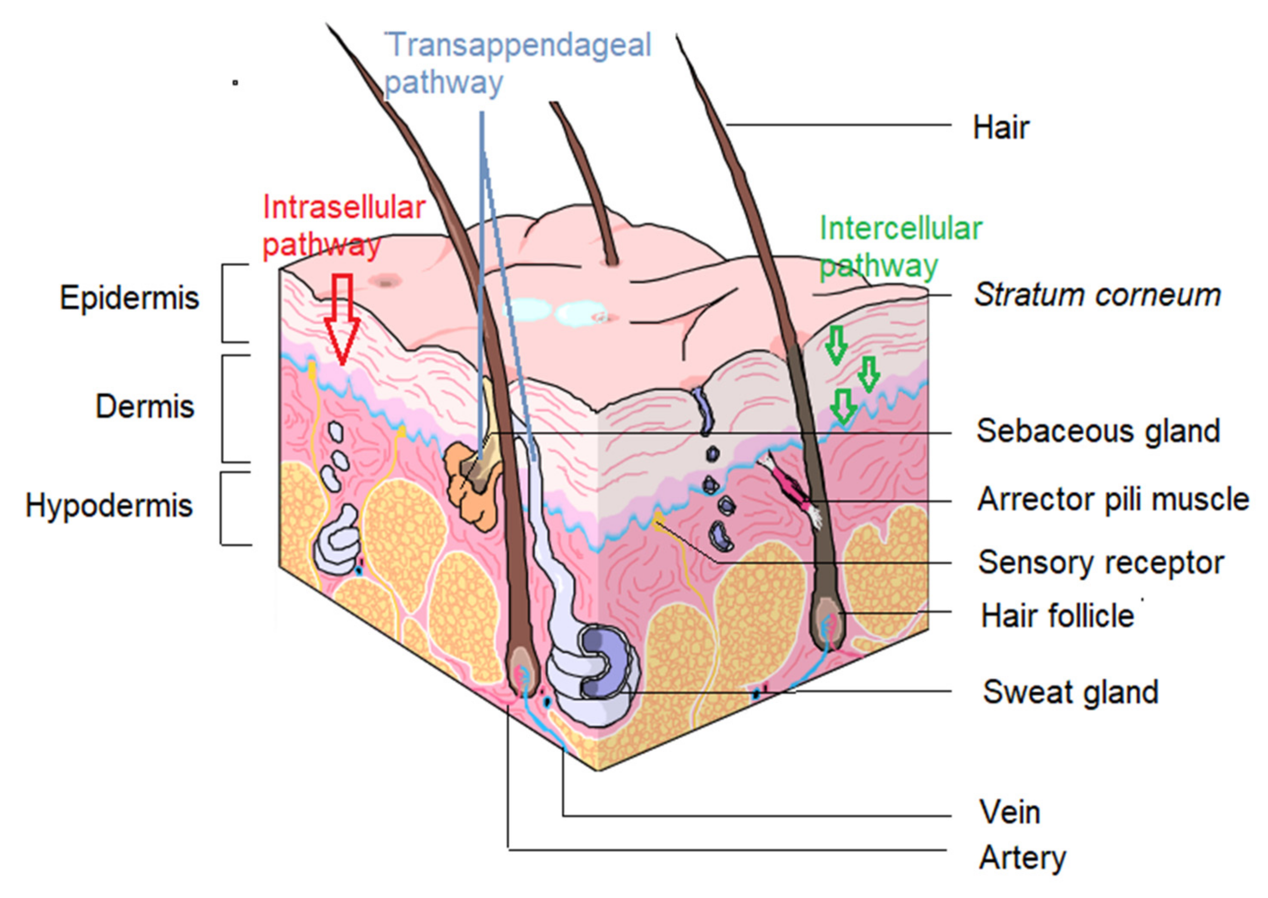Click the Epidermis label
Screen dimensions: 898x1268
(x=129, y=298)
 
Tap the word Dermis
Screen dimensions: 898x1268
(x=145, y=406)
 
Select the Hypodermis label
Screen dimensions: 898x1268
(x=109, y=505)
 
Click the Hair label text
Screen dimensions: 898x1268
(x=1001, y=128)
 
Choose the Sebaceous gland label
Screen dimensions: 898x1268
(x=1098, y=431)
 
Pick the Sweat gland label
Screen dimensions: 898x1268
(x=1071, y=692)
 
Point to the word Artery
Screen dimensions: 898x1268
(x=1022, y=858)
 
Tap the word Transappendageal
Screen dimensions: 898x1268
(x=518, y=45)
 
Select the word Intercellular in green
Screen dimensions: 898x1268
(x=900, y=228)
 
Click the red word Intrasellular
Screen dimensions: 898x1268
(x=343, y=208)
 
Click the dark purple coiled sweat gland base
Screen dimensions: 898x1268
(x=606, y=664)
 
